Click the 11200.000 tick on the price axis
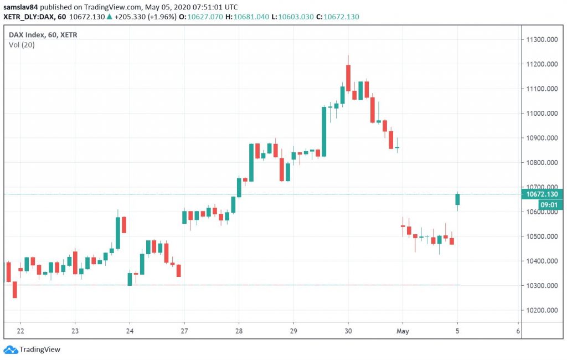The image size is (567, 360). point(541,64)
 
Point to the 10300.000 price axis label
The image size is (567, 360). point(541,286)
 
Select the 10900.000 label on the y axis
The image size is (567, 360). point(541,138)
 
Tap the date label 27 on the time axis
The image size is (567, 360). point(184,331)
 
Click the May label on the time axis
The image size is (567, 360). point(403,331)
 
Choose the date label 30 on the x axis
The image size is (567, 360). point(348,331)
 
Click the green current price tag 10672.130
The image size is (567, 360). point(542,194)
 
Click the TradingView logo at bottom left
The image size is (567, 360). point(33,349)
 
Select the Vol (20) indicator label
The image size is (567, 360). point(22,45)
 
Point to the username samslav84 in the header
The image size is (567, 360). point(23,7)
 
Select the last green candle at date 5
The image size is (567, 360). point(458,199)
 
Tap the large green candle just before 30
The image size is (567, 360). point(324,131)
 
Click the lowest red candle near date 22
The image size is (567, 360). point(14,289)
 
